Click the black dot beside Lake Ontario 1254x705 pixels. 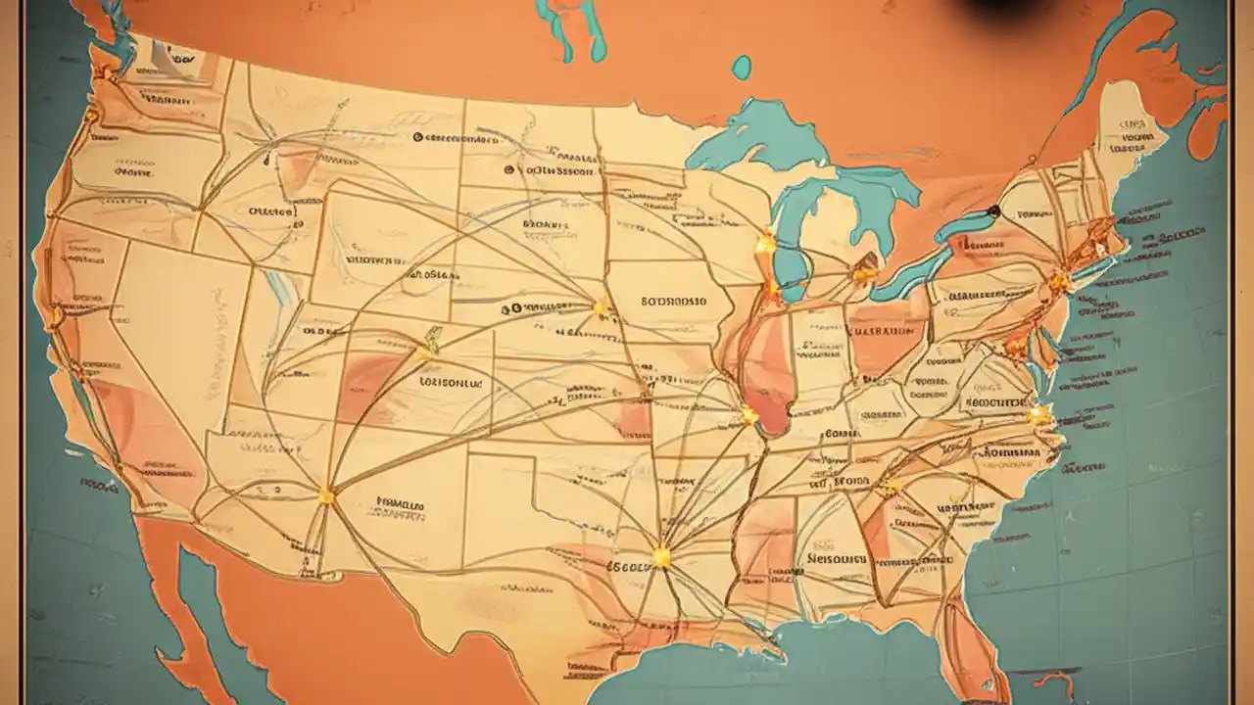993,211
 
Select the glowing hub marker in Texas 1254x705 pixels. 661,557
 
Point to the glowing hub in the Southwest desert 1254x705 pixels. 326,496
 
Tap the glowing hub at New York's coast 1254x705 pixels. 1058,282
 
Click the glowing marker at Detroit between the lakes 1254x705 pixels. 864,273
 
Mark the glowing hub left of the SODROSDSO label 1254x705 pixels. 600,309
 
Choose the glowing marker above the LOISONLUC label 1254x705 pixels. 427,350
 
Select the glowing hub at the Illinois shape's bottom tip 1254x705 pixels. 748,415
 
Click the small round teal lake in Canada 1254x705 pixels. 742,67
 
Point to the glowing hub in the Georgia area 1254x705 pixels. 892,485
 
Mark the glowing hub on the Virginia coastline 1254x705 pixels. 1036,415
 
